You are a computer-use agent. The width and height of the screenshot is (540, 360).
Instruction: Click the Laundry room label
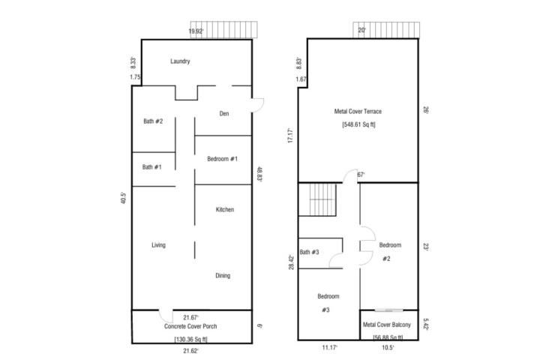[180, 61]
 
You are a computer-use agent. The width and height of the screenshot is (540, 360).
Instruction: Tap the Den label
[224, 113]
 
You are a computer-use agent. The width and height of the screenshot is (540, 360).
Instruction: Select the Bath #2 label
[153, 121]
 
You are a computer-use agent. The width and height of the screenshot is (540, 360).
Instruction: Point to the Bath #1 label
[151, 167]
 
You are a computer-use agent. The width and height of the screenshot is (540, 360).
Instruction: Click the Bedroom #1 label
[222, 159]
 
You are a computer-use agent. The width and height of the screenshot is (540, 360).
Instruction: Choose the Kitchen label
[225, 209]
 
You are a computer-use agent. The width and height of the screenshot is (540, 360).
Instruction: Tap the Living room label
[158, 245]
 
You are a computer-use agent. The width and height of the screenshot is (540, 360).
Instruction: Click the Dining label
[223, 275]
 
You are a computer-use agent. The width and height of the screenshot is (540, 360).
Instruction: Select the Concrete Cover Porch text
[190, 326]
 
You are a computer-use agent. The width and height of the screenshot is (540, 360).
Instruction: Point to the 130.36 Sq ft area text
[190, 339]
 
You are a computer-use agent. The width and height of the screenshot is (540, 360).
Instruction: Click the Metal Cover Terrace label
[358, 111]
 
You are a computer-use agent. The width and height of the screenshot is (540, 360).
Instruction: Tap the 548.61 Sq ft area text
[358, 124]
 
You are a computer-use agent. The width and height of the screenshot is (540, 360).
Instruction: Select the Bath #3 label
[309, 252]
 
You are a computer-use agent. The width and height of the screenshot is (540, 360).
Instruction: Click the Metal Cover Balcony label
[387, 325]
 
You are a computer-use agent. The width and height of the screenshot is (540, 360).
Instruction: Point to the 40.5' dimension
[124, 198]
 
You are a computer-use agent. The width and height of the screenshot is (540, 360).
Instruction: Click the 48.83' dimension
[260, 174]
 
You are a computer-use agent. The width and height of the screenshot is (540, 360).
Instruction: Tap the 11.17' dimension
[329, 347]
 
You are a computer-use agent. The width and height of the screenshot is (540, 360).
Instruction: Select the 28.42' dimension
[292, 262]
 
